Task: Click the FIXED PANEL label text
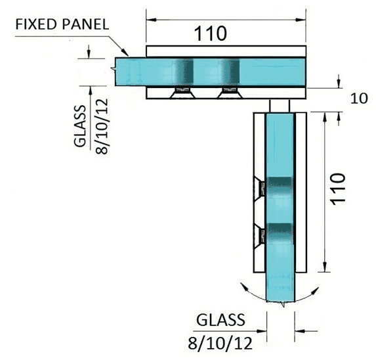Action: coord(62,24)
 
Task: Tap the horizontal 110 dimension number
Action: coord(210,34)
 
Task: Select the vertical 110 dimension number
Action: coord(338,189)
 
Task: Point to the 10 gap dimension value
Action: coord(359,99)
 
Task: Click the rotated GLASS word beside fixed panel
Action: coord(80,125)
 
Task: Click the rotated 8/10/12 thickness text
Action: coord(102,126)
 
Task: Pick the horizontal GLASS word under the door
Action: coord(220,320)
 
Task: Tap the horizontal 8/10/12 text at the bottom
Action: coord(220,343)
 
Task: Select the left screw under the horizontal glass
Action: coord(182,93)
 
